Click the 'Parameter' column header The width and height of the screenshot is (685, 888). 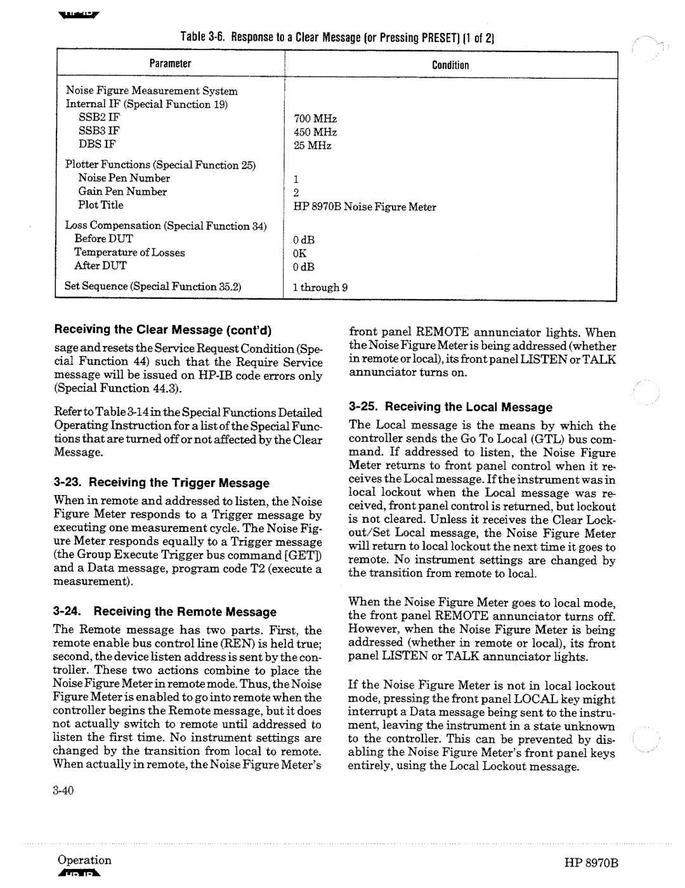click(x=170, y=64)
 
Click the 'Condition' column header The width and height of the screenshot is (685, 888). click(x=450, y=65)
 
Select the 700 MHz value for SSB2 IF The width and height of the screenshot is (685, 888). click(x=315, y=119)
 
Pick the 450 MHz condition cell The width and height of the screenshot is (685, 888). click(x=315, y=132)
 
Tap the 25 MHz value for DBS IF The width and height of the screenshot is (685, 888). click(x=312, y=145)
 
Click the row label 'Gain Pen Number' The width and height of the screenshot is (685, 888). click(x=122, y=192)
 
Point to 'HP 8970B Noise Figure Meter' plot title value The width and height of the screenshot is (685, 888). click(x=364, y=207)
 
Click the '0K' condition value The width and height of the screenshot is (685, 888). click(x=299, y=253)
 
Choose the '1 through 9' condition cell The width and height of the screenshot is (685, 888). click(x=320, y=287)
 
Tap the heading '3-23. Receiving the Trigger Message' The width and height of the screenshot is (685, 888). click(x=161, y=483)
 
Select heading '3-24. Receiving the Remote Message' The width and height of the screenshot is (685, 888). click(x=165, y=612)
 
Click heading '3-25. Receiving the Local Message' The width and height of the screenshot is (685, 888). click(x=451, y=407)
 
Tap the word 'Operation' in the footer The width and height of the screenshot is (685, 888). click(x=84, y=860)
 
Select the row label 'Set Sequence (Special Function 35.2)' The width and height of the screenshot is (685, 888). click(x=154, y=286)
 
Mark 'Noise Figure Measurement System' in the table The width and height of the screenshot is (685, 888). click(x=152, y=91)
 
